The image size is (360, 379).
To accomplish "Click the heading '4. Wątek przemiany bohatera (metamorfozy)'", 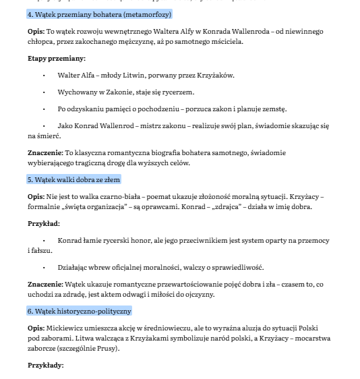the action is [x=99, y=14].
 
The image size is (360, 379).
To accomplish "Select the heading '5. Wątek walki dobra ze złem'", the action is [x=73, y=180].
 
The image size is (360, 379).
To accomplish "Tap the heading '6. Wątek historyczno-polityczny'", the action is [x=80, y=311].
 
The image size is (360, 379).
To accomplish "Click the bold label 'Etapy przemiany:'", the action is [x=57, y=59].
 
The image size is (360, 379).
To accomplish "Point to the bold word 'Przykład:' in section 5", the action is [x=44, y=223].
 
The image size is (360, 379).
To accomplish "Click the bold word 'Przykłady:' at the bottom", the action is [x=46, y=365].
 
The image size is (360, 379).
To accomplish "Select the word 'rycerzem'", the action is [x=177, y=92].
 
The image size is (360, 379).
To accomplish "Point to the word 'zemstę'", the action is [x=272, y=109].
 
